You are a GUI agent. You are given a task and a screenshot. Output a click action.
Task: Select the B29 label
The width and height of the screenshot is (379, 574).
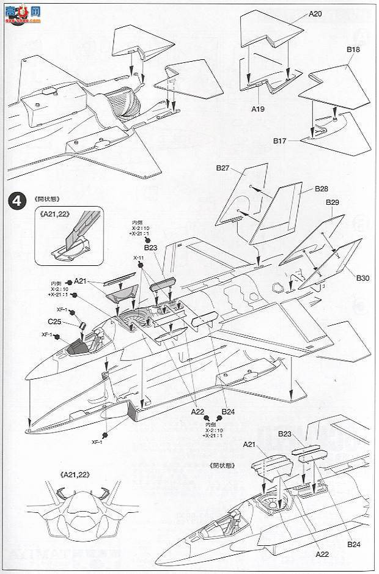click(x=333, y=202)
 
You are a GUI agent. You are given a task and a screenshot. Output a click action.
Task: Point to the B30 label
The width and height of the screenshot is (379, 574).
click(x=363, y=278)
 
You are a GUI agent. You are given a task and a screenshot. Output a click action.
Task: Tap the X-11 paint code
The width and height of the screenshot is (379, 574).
click(x=139, y=258)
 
